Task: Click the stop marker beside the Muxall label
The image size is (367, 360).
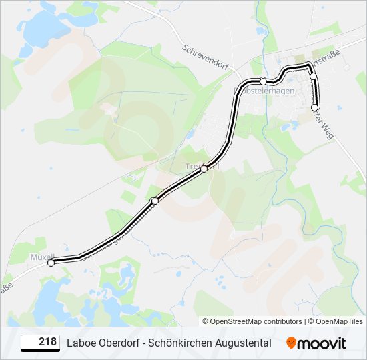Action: pos(51,263)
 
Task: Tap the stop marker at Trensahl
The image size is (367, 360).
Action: pos(204,169)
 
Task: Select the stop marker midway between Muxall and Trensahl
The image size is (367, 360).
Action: pos(155,201)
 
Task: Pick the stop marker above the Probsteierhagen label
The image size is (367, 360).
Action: pos(264,81)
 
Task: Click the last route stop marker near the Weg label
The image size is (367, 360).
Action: pos(315,107)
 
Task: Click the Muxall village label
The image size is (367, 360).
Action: pos(42,256)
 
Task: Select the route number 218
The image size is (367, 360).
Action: pos(47,342)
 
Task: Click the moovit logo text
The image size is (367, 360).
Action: pos(322,343)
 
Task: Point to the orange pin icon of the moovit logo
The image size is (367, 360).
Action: pos(292,343)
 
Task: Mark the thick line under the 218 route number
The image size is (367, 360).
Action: pos(40,350)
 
